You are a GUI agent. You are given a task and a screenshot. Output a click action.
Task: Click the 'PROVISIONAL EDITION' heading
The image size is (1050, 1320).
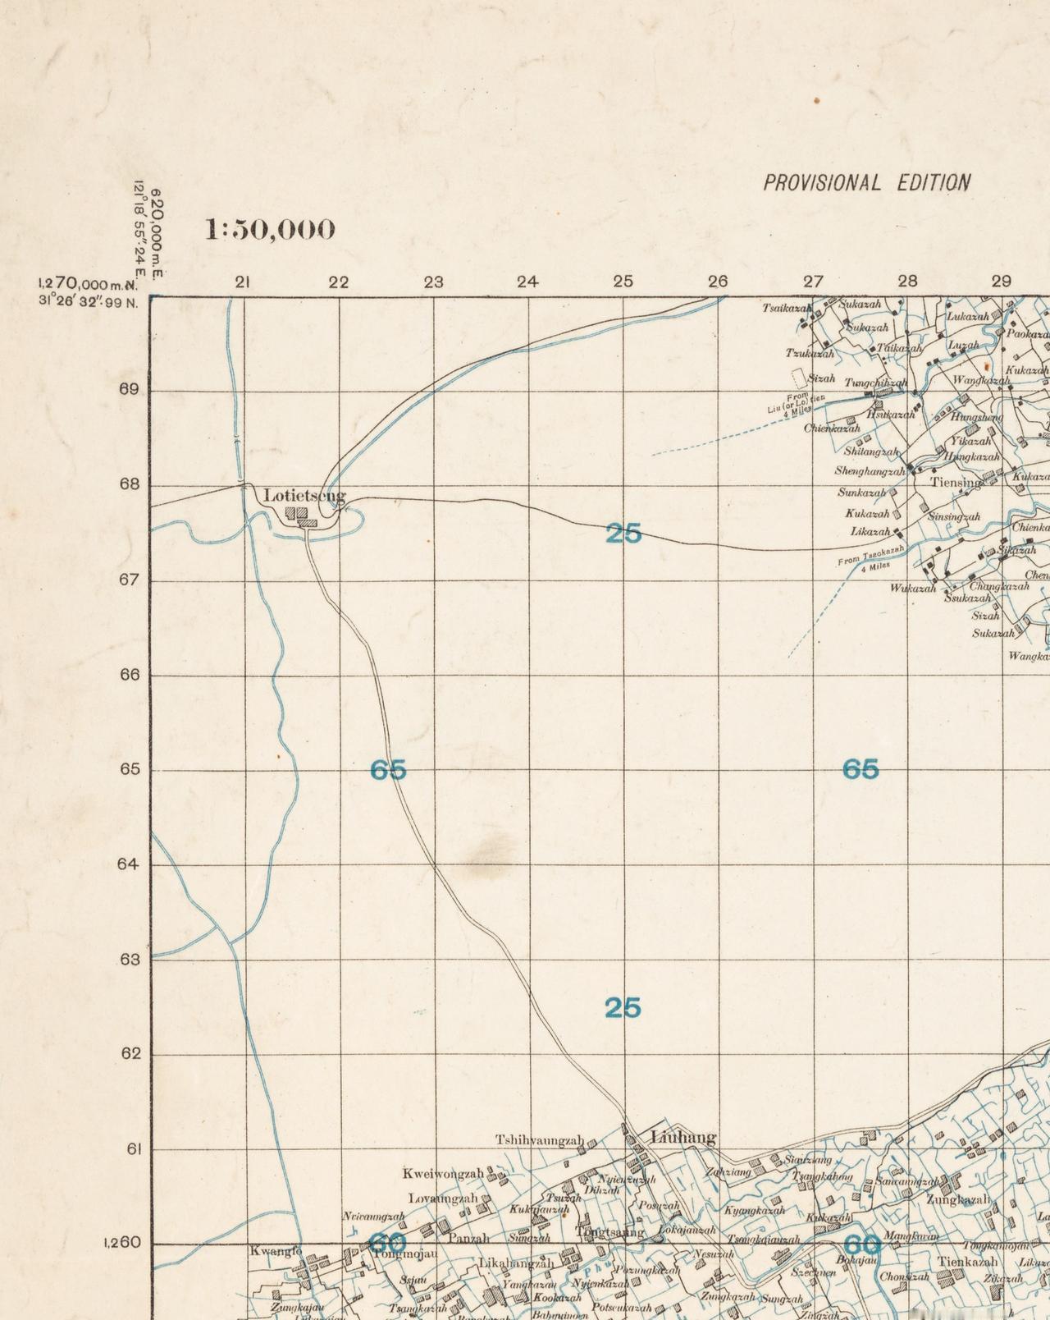coord(866,182)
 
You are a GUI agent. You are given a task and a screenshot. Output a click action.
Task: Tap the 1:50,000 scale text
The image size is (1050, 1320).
coord(270,229)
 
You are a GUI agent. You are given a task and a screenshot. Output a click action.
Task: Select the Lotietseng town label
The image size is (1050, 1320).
coord(304,496)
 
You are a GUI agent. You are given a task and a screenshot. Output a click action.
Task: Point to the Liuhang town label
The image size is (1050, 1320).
coord(682,1137)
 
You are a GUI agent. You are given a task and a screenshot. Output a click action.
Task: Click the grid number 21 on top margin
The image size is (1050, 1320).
coord(242,282)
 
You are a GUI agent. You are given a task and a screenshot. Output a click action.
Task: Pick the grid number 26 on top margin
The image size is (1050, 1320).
coord(718,282)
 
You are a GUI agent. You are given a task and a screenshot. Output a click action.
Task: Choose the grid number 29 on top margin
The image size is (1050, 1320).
coord(1001,281)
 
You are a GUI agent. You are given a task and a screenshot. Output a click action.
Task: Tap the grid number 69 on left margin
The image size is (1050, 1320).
coord(129,389)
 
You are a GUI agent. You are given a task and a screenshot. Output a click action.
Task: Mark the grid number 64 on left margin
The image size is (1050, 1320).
coord(129,864)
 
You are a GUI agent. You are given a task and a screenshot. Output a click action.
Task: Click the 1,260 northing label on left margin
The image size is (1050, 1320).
coord(122,1243)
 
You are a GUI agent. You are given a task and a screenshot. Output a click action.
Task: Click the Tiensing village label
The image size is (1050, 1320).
coord(955,483)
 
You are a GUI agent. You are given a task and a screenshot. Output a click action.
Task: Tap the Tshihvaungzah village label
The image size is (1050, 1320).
coord(539,1140)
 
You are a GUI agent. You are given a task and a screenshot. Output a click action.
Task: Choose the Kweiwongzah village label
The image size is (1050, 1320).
coord(442,1174)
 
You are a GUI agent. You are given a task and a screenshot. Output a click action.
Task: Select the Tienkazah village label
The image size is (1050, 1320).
coord(968,1261)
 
